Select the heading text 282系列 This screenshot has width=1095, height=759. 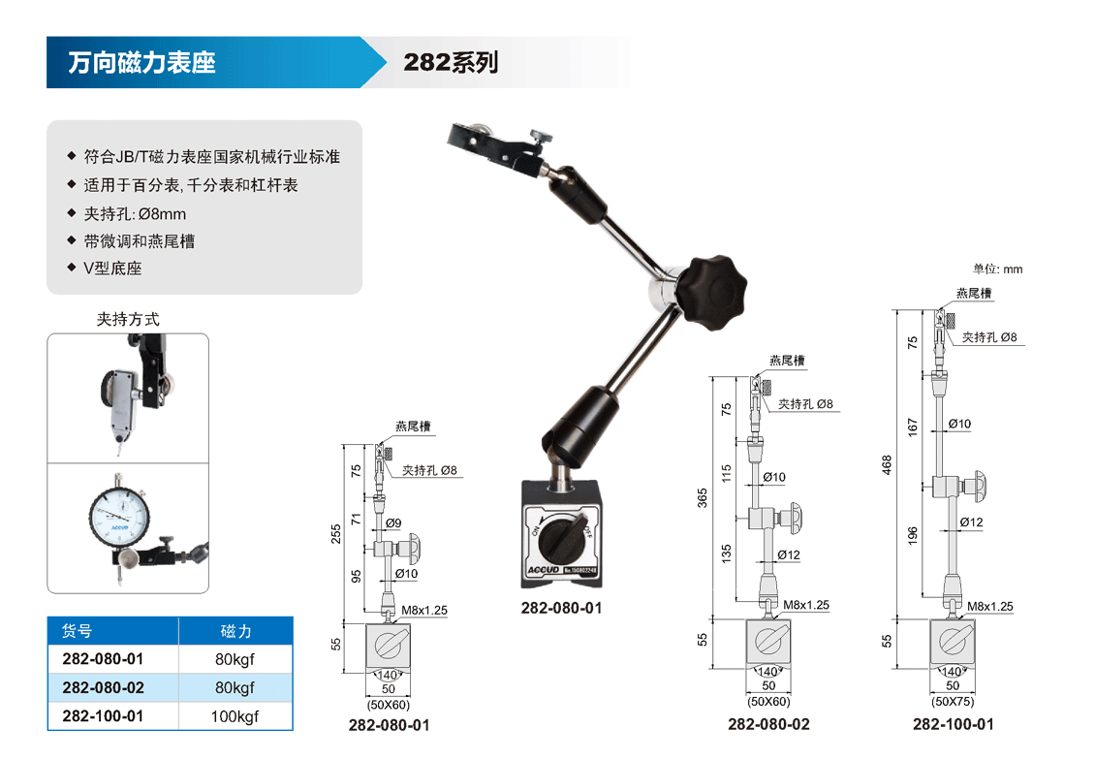[x=452, y=62]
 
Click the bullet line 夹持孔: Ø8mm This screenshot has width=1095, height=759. [x=135, y=214]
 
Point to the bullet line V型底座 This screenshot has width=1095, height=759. [x=112, y=269]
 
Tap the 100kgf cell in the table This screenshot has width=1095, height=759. [x=235, y=716]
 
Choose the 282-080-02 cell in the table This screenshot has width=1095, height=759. [x=103, y=687]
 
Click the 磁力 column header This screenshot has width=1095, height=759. [x=235, y=631]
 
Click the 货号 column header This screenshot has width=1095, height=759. [x=77, y=631]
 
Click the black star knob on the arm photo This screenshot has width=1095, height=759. [x=714, y=293]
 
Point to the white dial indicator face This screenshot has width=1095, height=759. [x=119, y=518]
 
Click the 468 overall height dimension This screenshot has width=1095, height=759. [x=887, y=464]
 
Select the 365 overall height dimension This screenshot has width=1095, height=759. [x=703, y=497]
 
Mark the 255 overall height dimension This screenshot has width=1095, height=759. [x=336, y=534]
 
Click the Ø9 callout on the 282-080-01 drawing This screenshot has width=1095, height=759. [x=393, y=522]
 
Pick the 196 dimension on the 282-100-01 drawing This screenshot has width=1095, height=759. [x=913, y=535]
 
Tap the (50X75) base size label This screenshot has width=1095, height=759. [x=953, y=701]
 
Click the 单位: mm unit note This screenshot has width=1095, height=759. [x=997, y=269]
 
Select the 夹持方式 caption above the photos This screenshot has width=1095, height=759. [x=128, y=319]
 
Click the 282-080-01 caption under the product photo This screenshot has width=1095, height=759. [x=561, y=608]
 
